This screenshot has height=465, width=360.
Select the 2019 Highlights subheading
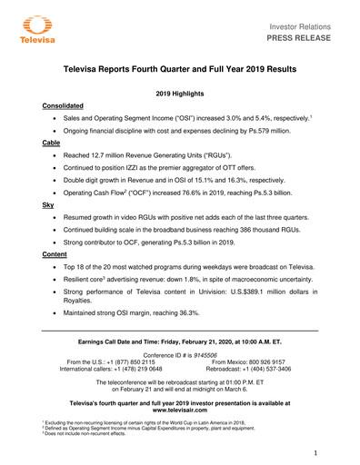(x=180, y=94)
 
